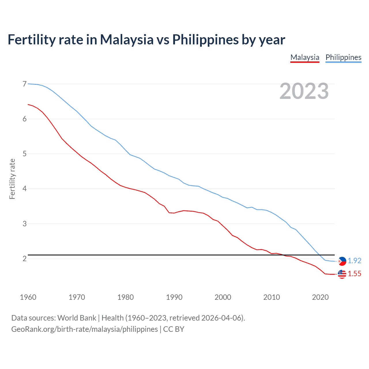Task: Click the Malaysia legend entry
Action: [305, 57]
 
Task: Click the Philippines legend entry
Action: [343, 57]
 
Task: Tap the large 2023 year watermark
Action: [304, 91]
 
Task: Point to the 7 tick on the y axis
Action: [25, 84]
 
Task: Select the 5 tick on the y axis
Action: [25, 154]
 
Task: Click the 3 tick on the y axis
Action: [25, 224]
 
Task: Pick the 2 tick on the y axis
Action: [25, 259]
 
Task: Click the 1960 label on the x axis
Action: [28, 297]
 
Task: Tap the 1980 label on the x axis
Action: [125, 297]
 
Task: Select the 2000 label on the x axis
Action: [223, 297]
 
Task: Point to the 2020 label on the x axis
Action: [320, 297]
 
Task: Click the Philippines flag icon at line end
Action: [342, 261]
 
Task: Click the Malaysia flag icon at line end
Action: [342, 274]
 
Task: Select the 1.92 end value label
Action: [354, 261]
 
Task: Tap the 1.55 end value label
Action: [354, 274]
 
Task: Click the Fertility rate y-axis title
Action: [12, 179]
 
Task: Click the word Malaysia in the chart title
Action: [127, 39]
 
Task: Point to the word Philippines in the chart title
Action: [205, 39]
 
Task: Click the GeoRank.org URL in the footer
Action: [84, 329]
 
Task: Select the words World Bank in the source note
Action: [77, 318]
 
